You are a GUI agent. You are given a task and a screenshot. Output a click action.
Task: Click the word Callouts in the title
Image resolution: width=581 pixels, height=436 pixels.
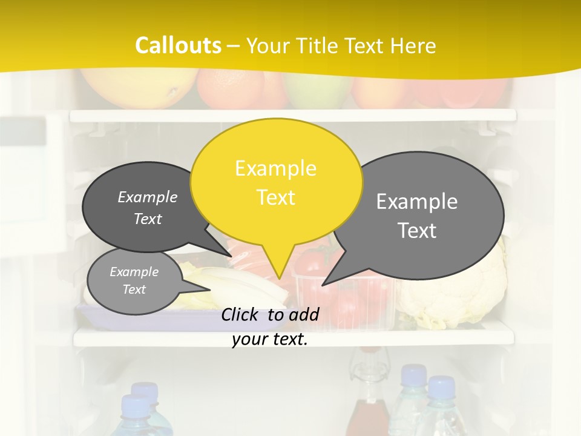tap(178, 45)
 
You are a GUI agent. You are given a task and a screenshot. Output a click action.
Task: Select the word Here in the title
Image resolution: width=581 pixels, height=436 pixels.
tap(413, 45)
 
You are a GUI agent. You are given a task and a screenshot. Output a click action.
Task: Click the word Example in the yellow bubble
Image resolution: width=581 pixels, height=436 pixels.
tap(275, 168)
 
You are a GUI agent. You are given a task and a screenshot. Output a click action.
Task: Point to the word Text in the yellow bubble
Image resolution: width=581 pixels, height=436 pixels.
tap(275, 197)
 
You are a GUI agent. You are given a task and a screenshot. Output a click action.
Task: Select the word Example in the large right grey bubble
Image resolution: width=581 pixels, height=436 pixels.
tap(417, 202)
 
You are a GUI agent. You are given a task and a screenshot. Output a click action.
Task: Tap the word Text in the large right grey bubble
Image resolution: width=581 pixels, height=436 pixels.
tap(417, 231)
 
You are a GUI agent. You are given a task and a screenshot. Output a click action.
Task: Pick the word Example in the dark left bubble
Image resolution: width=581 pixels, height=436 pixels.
tap(148, 197)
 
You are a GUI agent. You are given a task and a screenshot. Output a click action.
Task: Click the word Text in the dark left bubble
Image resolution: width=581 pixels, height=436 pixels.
tap(148, 219)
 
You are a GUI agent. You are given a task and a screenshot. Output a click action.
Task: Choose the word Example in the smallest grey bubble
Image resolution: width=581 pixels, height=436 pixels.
tap(134, 272)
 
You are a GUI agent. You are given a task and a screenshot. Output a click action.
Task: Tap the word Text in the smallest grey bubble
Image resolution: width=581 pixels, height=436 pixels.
tap(134, 289)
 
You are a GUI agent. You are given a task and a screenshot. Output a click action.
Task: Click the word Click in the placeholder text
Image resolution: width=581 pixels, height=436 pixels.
tap(241, 314)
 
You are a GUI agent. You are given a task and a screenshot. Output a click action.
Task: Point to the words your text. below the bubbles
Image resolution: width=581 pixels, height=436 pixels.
tap(270, 339)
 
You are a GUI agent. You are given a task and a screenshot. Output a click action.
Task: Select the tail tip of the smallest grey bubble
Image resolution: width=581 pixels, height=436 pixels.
tap(209, 290)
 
